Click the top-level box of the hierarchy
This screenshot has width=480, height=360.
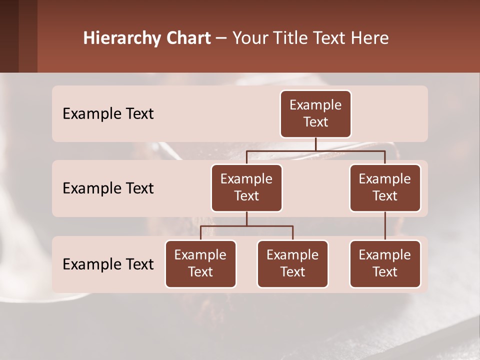[315, 114]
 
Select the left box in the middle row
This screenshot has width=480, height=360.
[246, 188]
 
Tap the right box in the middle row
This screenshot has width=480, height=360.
[385, 188]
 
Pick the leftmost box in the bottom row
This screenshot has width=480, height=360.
[200, 264]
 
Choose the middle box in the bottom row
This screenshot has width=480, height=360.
[292, 264]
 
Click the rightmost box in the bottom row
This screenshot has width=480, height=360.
[385, 264]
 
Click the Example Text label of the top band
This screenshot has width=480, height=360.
[108, 114]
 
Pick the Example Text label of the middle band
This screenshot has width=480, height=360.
[108, 188]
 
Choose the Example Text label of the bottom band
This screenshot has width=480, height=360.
[108, 264]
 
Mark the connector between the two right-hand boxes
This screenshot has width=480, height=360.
[385, 226]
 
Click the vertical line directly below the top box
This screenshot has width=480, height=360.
[315, 144]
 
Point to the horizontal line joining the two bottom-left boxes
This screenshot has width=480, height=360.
[246, 226]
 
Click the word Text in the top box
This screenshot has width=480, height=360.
[315, 122]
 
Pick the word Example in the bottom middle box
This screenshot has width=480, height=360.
[292, 255]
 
